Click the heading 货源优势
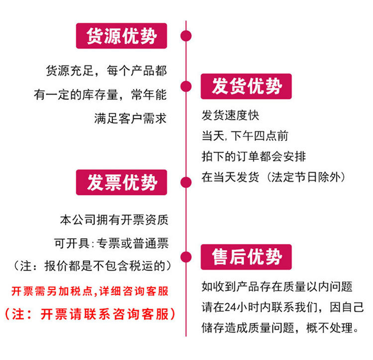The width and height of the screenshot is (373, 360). point(121,36)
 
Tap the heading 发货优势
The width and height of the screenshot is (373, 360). point(246,87)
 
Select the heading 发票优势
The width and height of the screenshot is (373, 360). point(121,182)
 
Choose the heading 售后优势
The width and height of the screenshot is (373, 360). point(246,257)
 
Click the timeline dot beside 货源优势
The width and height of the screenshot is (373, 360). point(186,36)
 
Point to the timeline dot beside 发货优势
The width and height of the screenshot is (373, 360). point(186,87)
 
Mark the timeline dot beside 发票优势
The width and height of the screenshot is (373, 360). point(186,182)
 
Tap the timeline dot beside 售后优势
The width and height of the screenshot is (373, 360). point(186,257)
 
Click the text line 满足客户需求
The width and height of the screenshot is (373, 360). point(130,118)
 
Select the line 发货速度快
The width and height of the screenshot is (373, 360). point(230,116)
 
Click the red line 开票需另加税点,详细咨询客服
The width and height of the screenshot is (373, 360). point(90,291)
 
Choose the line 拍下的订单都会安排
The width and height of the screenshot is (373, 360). point(254,157)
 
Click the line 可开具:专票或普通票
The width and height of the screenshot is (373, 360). point(111,243)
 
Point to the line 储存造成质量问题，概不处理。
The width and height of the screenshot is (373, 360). point(280,328)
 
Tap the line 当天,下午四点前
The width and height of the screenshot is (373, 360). point(244,136)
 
